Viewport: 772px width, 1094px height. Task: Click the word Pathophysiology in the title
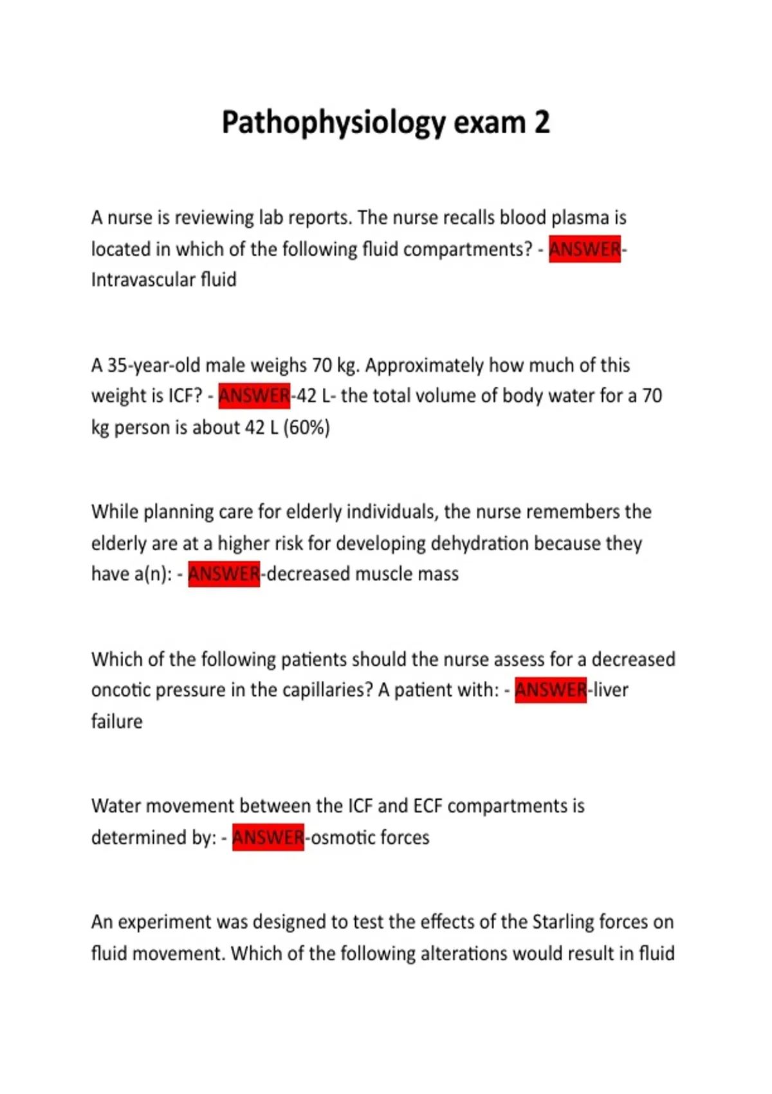(333, 122)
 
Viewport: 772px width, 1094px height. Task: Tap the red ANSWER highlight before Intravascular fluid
(584, 249)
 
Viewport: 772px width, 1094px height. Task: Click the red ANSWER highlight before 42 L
(254, 396)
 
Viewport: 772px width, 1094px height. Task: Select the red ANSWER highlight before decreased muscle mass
(224, 574)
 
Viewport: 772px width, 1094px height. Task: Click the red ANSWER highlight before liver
(551, 690)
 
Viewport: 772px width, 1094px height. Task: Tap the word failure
(116, 721)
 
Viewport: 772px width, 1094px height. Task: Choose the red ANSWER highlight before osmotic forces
(268, 837)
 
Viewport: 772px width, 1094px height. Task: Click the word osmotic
(342, 837)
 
